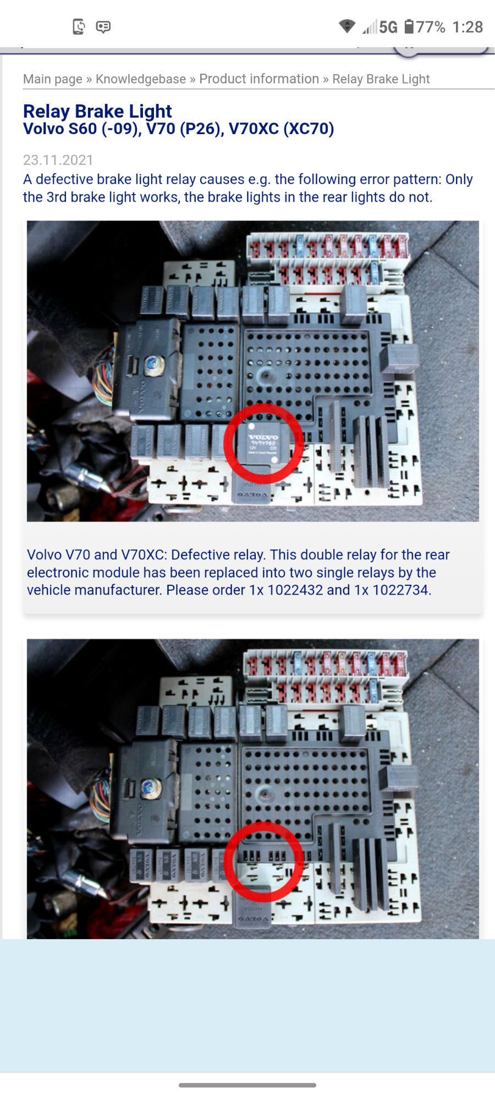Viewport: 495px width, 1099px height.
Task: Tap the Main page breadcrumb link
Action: [52, 79]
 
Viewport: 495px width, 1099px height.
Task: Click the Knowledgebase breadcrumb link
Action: [141, 79]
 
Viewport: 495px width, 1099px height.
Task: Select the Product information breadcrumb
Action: [259, 79]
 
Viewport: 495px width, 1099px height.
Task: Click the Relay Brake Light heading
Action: [97, 111]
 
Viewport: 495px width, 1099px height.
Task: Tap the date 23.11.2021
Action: [58, 160]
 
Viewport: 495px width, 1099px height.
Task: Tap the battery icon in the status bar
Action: [409, 26]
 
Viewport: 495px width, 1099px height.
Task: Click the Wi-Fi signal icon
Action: [347, 26]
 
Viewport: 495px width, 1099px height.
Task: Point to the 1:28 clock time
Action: [467, 27]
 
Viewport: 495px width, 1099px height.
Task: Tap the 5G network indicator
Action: [388, 27]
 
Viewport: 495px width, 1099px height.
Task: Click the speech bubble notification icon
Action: [103, 26]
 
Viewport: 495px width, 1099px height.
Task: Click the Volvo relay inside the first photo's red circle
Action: [263, 443]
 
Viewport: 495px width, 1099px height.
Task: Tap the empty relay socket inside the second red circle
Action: [263, 863]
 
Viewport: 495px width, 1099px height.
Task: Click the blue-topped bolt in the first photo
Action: [151, 364]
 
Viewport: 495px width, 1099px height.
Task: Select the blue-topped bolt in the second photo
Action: [148, 787]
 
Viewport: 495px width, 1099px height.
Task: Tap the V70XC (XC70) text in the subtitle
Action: [281, 129]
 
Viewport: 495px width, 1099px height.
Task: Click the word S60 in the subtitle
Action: [82, 129]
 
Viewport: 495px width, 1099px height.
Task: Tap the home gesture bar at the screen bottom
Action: [248, 1085]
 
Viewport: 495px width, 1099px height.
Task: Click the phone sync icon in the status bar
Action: [79, 26]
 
